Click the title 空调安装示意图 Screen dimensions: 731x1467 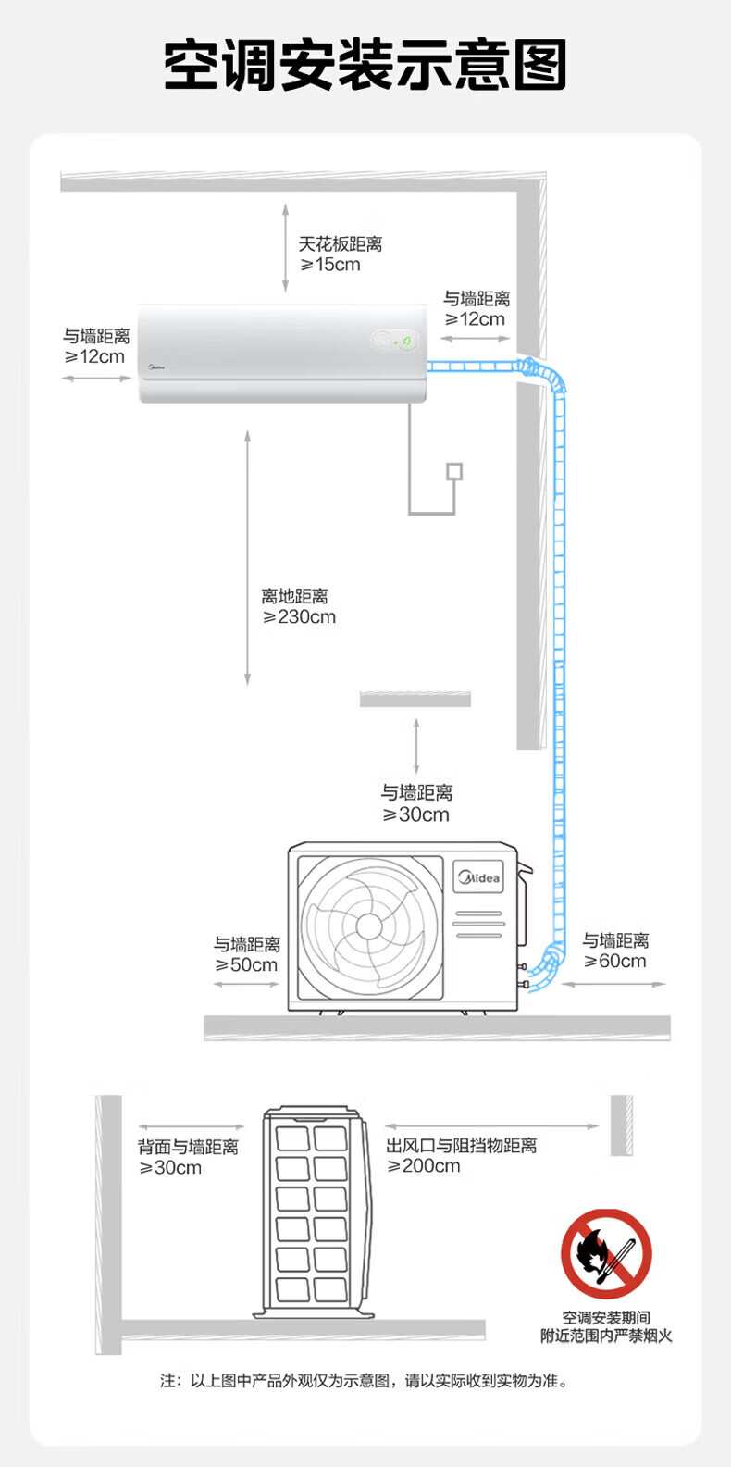(x=365, y=64)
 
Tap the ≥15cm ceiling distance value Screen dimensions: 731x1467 (x=330, y=265)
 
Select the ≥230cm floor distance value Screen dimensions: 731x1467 (x=299, y=617)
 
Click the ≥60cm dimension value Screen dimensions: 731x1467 (x=615, y=961)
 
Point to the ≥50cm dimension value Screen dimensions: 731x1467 (x=246, y=964)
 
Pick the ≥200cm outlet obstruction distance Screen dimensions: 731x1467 (x=424, y=1166)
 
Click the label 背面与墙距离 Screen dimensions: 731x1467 (x=188, y=1147)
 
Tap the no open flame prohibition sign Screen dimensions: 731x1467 (x=607, y=1254)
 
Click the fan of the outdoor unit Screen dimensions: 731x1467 (x=369, y=926)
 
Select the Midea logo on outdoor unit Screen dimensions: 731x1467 (x=478, y=877)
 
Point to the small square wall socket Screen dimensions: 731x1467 (x=454, y=471)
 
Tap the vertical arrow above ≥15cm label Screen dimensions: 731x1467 (x=286, y=247)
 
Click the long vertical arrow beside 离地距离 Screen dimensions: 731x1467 (x=248, y=558)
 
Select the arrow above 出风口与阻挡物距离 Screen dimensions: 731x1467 (x=492, y=1126)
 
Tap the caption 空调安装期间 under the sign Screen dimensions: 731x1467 (x=607, y=1318)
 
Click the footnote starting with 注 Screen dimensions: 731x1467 (x=365, y=1381)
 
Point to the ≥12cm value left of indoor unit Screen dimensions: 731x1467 (x=94, y=357)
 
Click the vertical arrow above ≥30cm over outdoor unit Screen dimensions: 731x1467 (x=416, y=746)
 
